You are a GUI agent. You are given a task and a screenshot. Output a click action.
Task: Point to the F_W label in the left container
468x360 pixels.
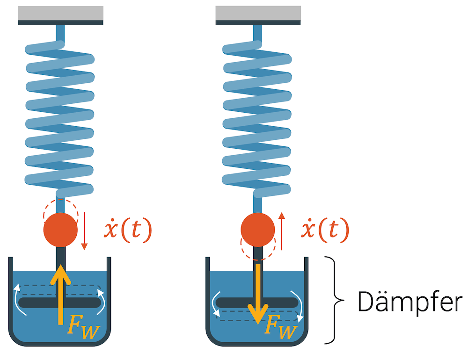[83, 325]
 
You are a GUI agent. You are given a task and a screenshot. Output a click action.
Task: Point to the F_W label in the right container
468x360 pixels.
[281, 325]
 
